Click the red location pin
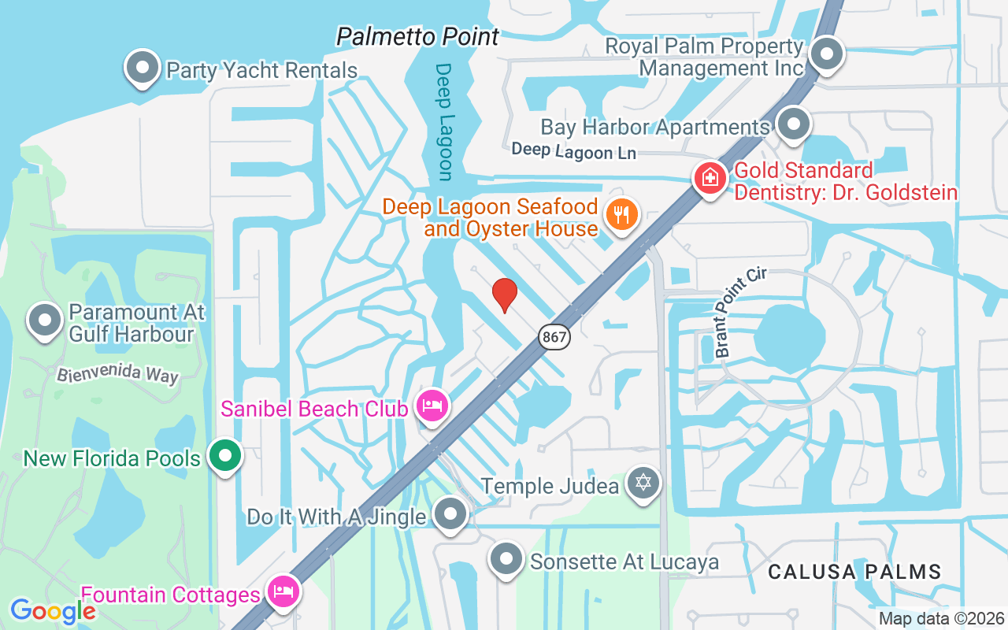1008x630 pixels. click(505, 295)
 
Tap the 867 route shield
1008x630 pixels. click(554, 337)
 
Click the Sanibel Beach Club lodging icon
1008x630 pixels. click(432, 406)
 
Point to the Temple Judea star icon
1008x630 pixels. click(643, 481)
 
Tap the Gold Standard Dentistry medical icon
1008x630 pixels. click(710, 177)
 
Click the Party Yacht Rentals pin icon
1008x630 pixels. click(143, 68)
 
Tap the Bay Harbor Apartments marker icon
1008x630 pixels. click(793, 124)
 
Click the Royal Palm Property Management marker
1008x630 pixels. click(827, 54)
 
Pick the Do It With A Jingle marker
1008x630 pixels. click(450, 514)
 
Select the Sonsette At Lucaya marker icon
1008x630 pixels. click(507, 559)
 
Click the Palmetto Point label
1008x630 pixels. click(417, 36)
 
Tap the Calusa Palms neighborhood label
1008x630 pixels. click(854, 572)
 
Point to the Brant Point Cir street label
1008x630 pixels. click(740, 312)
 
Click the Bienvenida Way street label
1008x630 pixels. click(117, 373)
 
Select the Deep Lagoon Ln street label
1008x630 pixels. click(573, 150)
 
